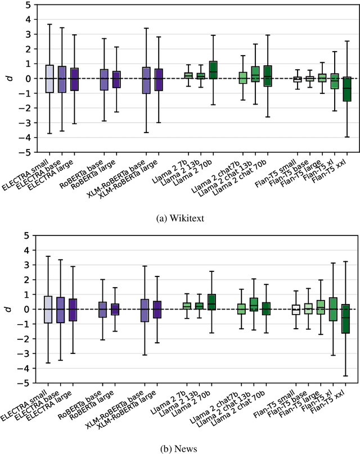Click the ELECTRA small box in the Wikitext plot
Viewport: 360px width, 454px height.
(49, 79)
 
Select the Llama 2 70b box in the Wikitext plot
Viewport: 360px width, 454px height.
(213, 70)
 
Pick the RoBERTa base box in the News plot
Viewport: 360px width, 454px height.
(103, 310)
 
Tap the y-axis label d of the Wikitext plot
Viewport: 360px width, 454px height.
(8, 78)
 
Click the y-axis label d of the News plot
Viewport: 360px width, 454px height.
(8, 308)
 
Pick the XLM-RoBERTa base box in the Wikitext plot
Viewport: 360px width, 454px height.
(146, 80)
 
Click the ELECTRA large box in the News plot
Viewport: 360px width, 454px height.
(72, 310)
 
